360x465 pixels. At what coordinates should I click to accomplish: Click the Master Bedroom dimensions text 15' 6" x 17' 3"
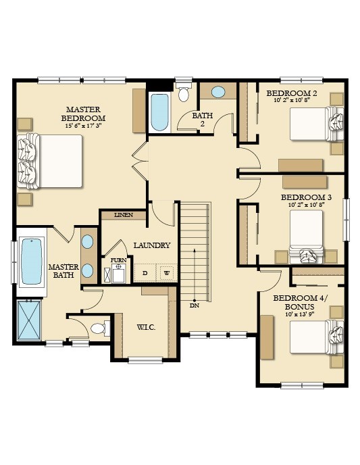(83, 126)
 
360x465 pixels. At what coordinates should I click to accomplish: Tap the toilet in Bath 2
(184, 92)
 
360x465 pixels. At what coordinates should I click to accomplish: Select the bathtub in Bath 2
(159, 112)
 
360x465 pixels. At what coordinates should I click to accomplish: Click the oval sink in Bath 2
(218, 92)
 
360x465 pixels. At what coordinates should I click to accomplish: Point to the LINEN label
(124, 215)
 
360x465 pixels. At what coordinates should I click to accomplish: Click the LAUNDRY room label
(152, 245)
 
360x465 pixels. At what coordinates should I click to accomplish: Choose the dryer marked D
(145, 273)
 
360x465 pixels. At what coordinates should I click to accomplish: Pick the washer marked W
(167, 273)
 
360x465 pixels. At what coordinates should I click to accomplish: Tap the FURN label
(118, 260)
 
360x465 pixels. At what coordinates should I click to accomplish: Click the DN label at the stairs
(195, 305)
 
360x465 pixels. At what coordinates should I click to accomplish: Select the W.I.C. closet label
(146, 327)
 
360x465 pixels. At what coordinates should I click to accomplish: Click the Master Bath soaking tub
(32, 262)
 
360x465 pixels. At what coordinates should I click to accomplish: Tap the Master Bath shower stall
(29, 320)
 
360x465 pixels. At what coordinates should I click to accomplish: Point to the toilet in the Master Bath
(101, 328)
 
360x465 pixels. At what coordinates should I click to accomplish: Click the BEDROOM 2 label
(292, 93)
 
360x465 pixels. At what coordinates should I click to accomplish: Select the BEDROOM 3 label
(306, 197)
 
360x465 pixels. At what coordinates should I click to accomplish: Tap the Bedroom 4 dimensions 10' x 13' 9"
(300, 314)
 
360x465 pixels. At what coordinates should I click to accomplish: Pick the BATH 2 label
(203, 119)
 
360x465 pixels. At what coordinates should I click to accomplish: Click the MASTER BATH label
(63, 271)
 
